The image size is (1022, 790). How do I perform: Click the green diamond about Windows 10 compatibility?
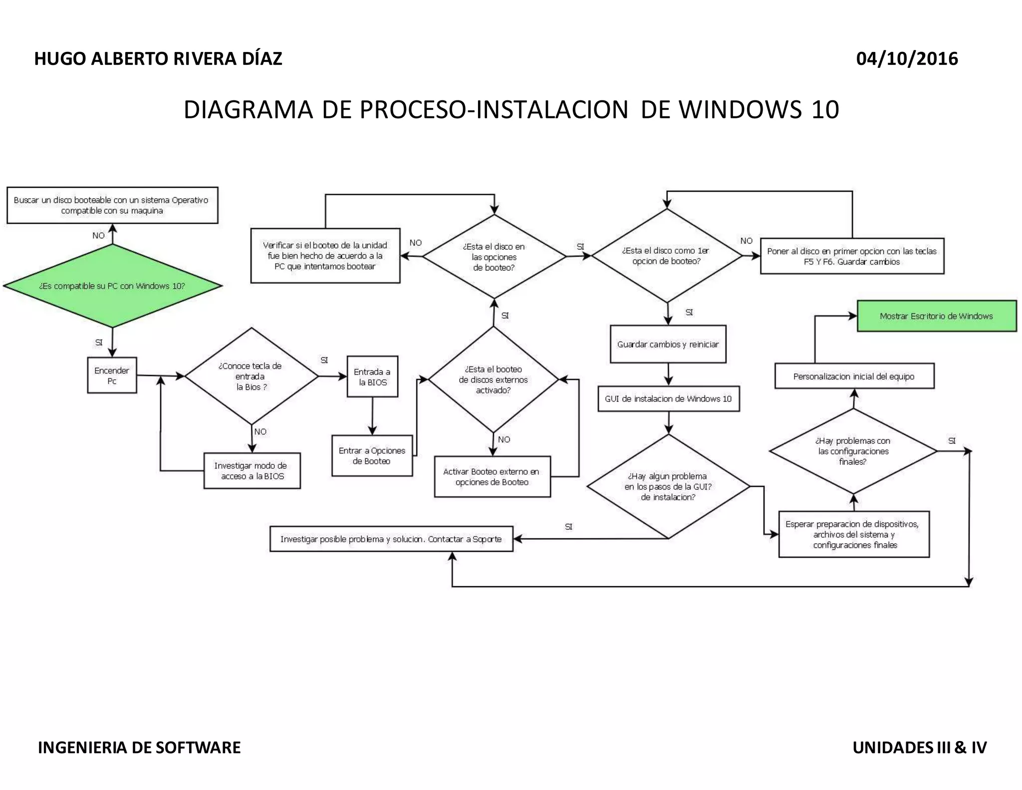click(112, 286)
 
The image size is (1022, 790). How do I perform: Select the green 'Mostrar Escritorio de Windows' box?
click(936, 316)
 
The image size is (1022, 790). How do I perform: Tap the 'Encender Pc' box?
click(112, 376)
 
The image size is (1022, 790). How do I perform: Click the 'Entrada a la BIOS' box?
click(372, 377)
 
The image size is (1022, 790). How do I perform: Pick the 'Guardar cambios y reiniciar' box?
click(668, 344)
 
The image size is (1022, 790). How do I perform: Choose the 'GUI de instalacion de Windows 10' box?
click(668, 398)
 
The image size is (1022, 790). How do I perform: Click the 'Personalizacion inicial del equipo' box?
click(854, 376)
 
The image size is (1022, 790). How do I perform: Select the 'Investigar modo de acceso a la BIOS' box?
click(252, 471)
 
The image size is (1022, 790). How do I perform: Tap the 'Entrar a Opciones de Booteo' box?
click(372, 456)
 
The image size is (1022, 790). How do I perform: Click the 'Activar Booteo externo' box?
click(492, 477)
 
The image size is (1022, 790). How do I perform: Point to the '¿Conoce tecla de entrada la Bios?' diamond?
click(251, 376)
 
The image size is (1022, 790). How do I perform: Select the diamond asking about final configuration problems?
click(853, 451)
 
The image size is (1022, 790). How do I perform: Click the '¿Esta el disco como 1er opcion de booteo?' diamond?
click(667, 256)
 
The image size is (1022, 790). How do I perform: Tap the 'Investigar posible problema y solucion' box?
click(391, 539)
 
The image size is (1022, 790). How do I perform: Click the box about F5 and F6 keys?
click(852, 256)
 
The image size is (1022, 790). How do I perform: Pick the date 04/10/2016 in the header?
click(907, 59)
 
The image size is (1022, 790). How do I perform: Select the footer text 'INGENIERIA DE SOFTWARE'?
click(139, 748)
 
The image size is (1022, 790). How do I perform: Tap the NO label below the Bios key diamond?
click(260, 431)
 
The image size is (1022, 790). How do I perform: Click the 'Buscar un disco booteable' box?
click(112, 205)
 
